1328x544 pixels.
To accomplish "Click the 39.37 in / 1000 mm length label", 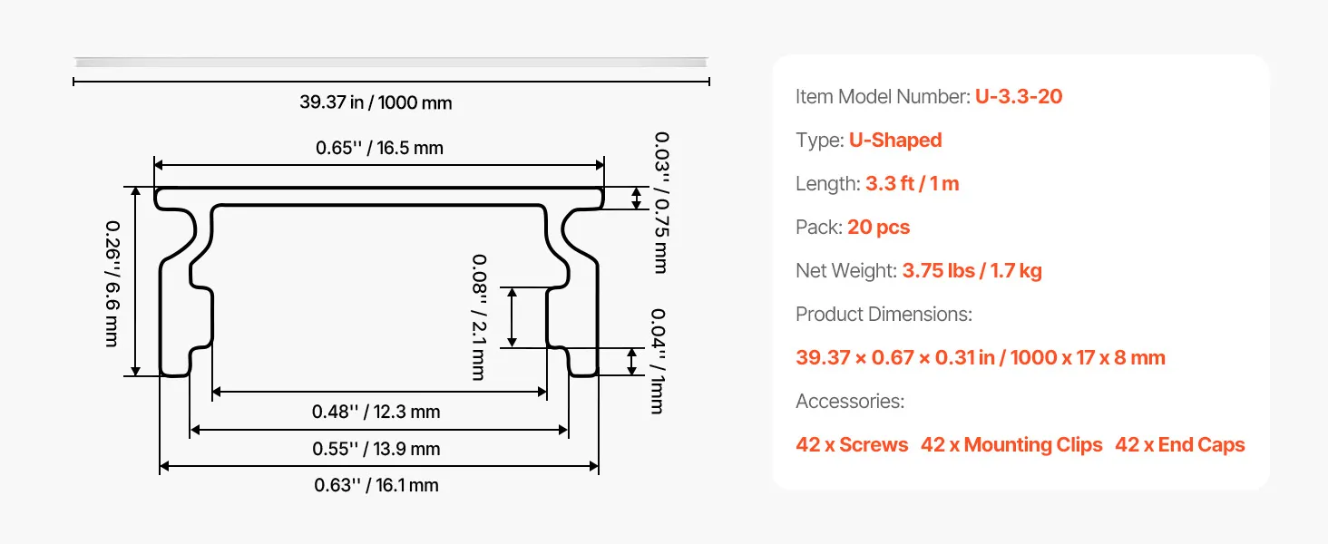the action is click(x=376, y=102).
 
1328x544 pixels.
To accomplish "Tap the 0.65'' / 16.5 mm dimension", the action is click(x=379, y=148).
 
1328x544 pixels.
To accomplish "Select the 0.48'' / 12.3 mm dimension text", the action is click(x=376, y=412).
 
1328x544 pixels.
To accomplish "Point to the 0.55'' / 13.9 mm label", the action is click(x=376, y=449).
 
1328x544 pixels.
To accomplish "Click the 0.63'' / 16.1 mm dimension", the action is click(x=376, y=485).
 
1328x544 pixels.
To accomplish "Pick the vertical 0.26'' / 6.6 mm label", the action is click(x=112, y=284).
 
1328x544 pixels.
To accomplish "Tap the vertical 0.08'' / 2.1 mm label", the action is click(x=479, y=317).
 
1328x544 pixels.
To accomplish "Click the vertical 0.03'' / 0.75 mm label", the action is click(x=661, y=203).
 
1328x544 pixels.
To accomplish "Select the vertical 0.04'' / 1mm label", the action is click(x=658, y=361).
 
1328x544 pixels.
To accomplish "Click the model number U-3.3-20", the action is click(x=1019, y=97).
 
